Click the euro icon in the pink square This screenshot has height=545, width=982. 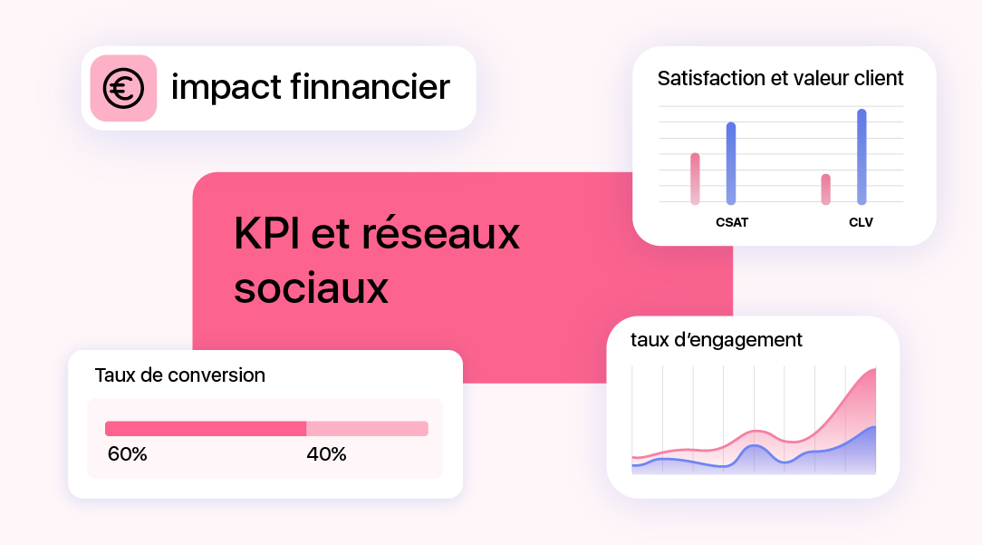pyautogui.click(x=123, y=88)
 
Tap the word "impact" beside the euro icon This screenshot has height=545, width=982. pyautogui.click(x=226, y=88)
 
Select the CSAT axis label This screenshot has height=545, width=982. pyautogui.click(x=732, y=222)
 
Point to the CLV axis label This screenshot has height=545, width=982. pyautogui.click(x=861, y=222)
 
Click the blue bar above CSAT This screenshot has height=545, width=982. pyautogui.click(x=731, y=163)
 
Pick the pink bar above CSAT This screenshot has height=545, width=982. pyautogui.click(x=695, y=179)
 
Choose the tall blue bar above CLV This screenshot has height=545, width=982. pyautogui.click(x=862, y=157)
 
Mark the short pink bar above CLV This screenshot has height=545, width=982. pyautogui.click(x=825, y=189)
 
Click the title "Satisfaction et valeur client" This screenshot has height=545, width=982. pyautogui.click(x=780, y=78)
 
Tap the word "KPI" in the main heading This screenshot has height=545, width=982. pyautogui.click(x=265, y=235)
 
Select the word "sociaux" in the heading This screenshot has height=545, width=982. pyautogui.click(x=311, y=288)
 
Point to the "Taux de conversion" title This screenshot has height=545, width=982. pyautogui.click(x=179, y=375)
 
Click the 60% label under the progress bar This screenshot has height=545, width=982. pyautogui.click(x=127, y=454)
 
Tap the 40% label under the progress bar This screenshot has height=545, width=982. pyautogui.click(x=326, y=454)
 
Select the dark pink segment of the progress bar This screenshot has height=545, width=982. pyautogui.click(x=206, y=429)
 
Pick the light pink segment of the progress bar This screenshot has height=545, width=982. pyautogui.click(x=367, y=429)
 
